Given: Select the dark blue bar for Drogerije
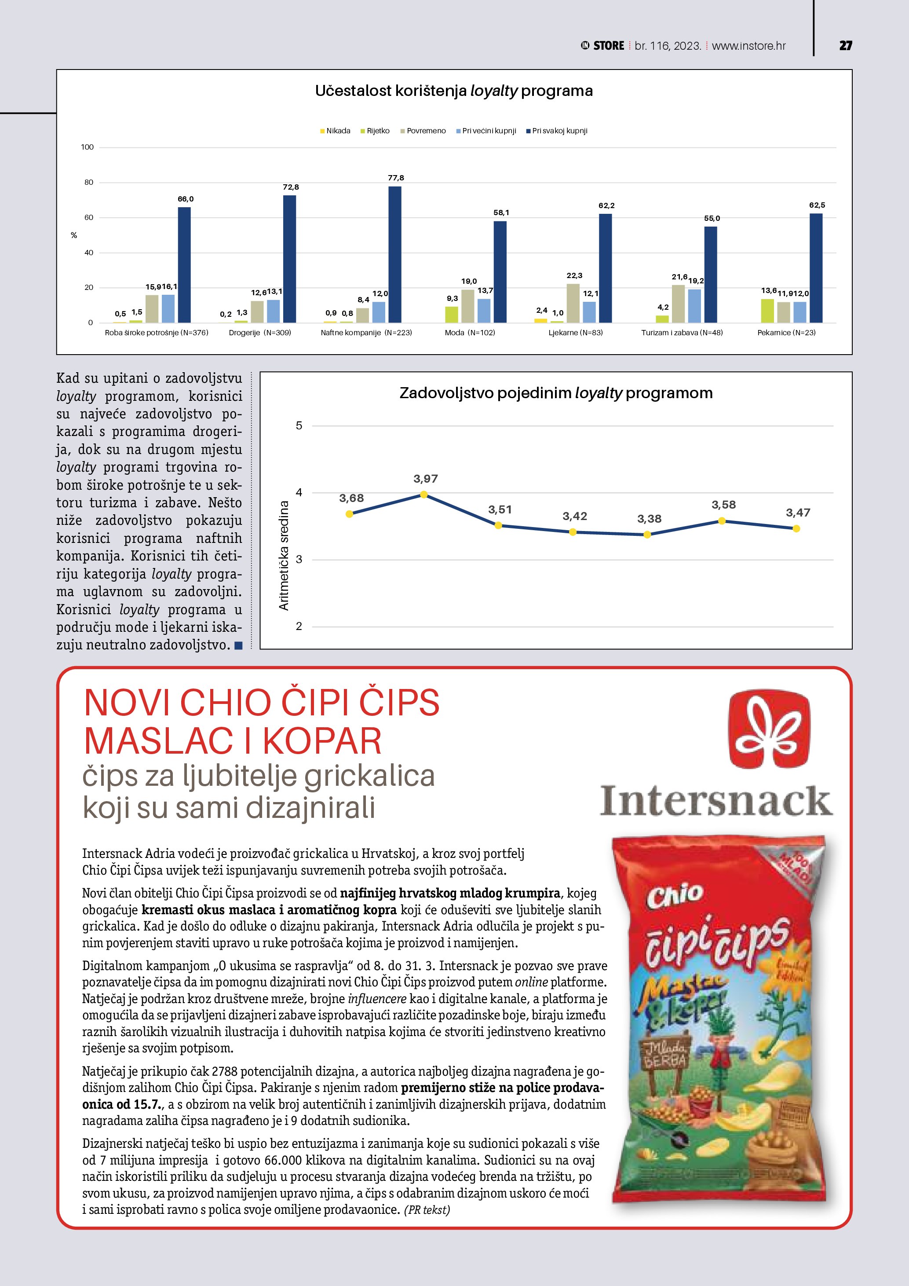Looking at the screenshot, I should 289,259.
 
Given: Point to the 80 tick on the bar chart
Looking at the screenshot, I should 88,183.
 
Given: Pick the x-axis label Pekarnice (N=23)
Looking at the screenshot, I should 786,333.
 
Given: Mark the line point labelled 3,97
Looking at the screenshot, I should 423,495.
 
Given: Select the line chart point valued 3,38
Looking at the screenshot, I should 647,535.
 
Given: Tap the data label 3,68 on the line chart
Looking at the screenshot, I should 351,498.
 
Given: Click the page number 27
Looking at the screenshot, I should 845,46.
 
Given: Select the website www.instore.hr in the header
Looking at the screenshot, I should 748,46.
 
